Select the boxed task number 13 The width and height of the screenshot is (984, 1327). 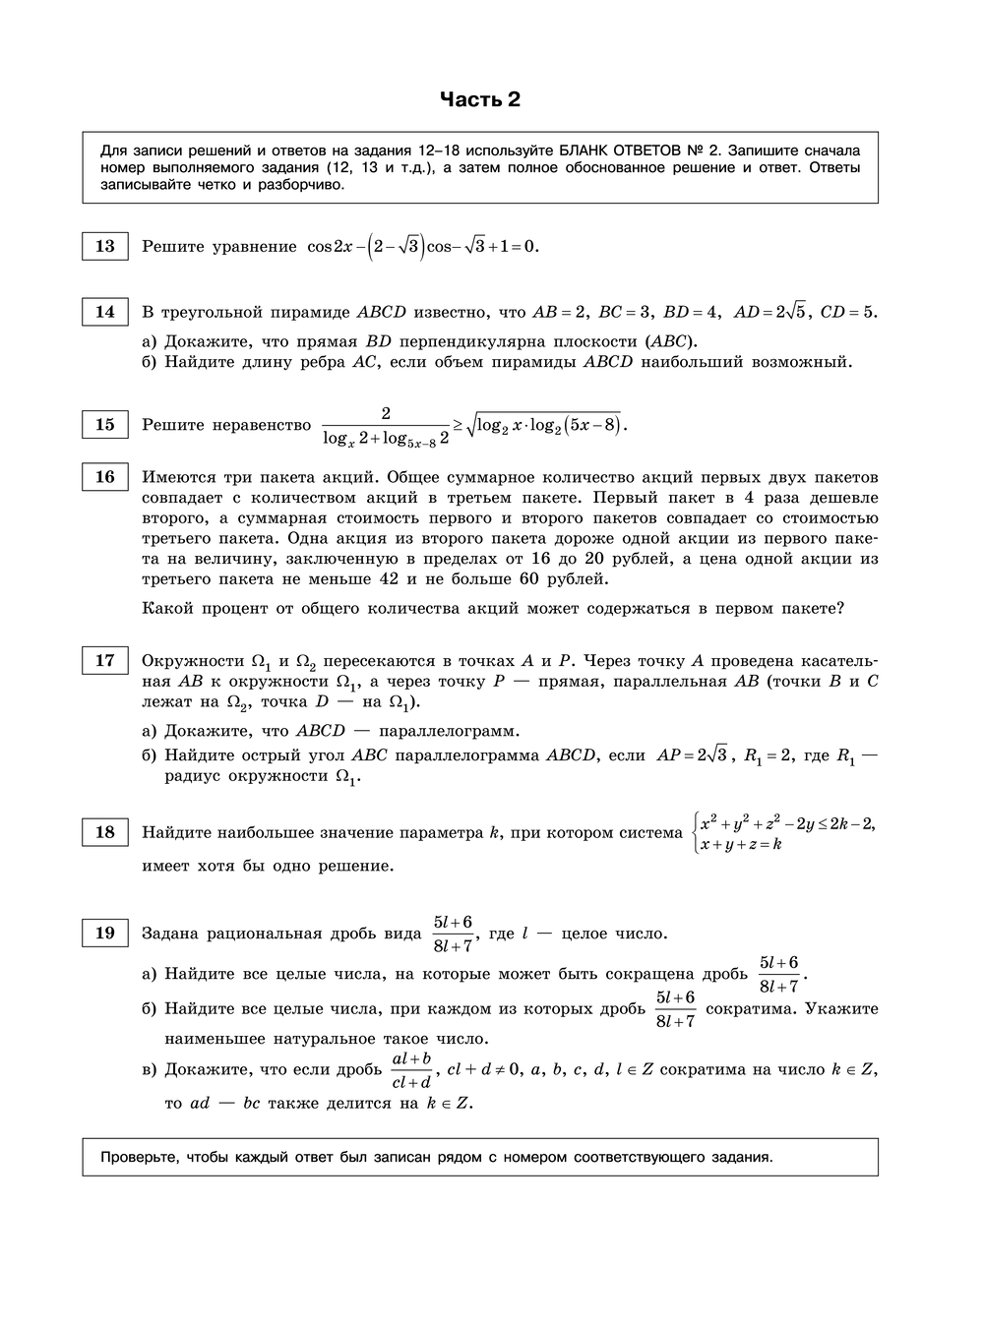(x=104, y=246)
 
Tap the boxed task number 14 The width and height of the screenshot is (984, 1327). (x=104, y=312)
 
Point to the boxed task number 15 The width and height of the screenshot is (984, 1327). (x=104, y=425)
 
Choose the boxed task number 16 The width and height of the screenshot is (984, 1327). (x=104, y=477)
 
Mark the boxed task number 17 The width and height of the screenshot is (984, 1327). (x=104, y=661)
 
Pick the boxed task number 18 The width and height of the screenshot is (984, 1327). (x=104, y=832)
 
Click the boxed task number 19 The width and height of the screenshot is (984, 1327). (x=104, y=934)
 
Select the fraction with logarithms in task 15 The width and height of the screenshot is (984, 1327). (x=386, y=425)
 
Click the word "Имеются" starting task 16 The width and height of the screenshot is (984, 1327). (x=176, y=477)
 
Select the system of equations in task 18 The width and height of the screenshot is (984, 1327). (x=783, y=833)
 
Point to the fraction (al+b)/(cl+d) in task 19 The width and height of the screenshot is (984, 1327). (x=411, y=1070)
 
